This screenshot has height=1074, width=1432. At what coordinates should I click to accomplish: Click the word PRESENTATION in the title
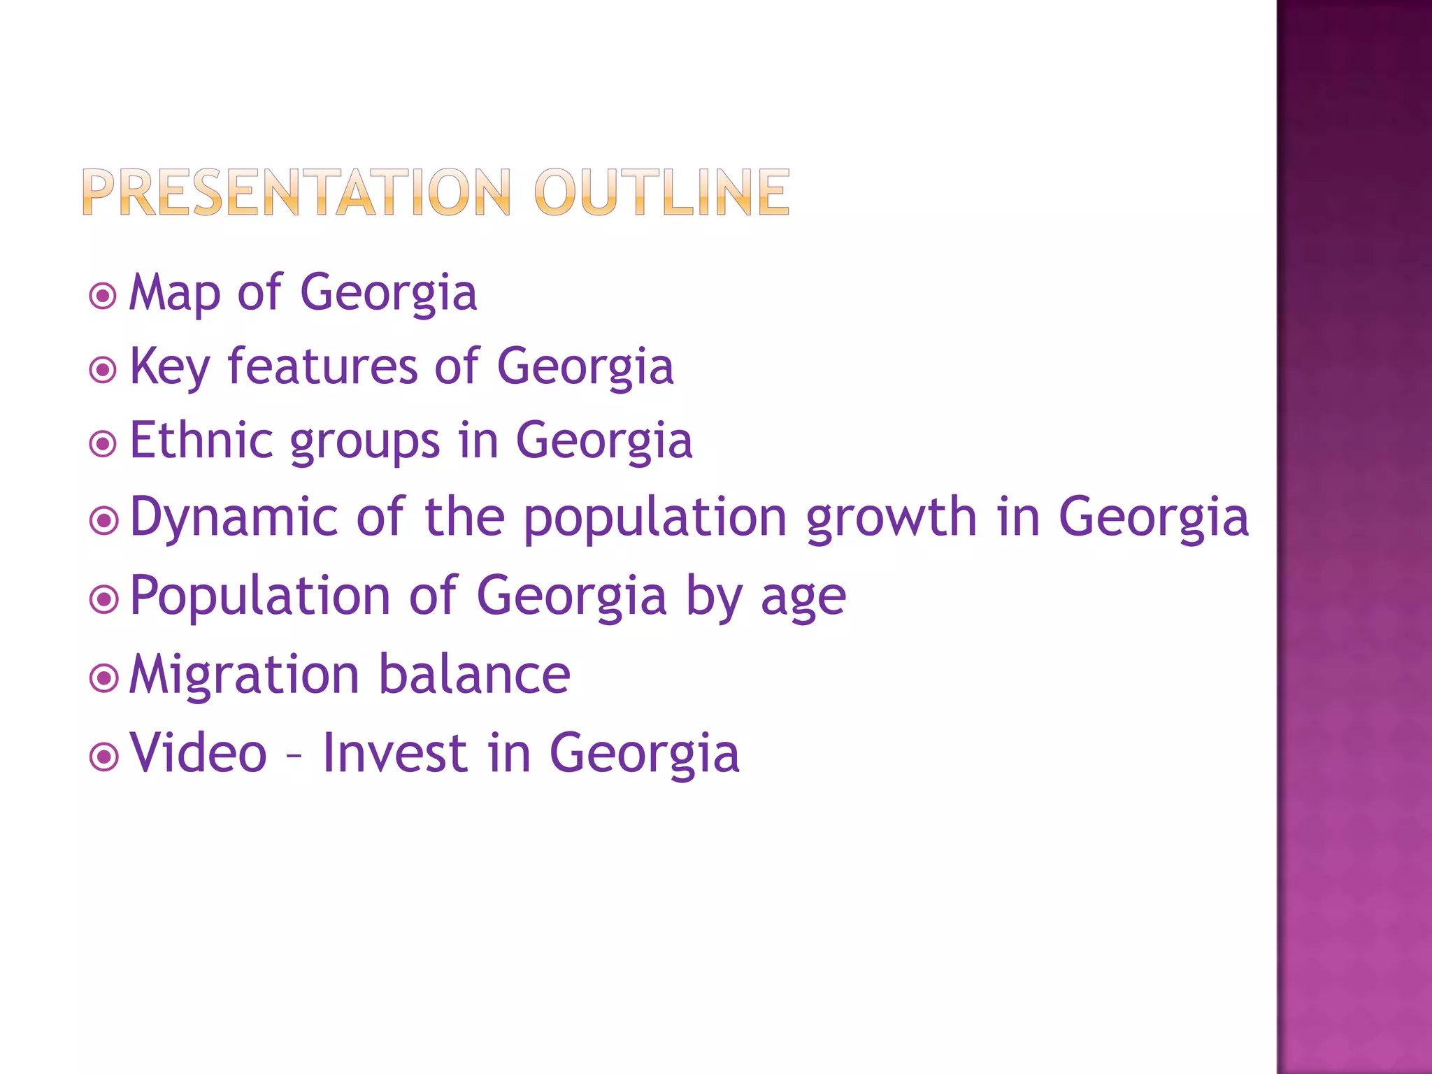coord(296,192)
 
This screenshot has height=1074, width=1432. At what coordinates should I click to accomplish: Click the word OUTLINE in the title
coord(661,192)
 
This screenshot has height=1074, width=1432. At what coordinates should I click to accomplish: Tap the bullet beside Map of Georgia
coord(103,296)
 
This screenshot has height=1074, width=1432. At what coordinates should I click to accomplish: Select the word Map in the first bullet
coord(175,294)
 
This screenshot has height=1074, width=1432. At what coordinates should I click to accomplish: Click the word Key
coord(170,368)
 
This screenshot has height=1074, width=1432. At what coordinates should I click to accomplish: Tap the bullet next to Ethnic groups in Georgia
coord(103,443)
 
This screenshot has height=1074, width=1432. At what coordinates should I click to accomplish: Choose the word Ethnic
coord(201,441)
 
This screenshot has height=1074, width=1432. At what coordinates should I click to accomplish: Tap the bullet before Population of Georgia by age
coord(103,599)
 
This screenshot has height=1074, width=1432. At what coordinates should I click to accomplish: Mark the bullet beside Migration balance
coord(103,678)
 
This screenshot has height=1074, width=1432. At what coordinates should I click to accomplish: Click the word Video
coord(199,753)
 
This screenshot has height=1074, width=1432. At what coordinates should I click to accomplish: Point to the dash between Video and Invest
coord(294,757)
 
